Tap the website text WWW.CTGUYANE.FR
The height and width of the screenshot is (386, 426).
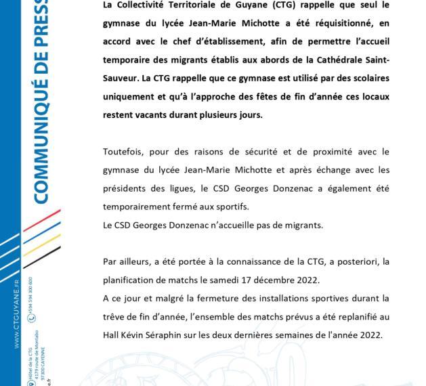[16, 312]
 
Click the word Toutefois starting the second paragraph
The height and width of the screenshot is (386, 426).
[125, 151]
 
